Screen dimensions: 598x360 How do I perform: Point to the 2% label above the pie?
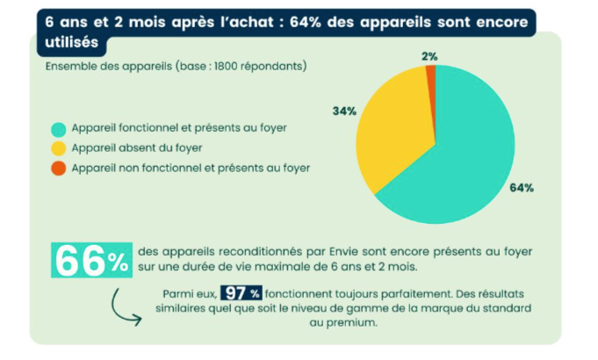[x=429, y=56]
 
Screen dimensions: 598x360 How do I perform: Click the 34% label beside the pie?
[x=344, y=111]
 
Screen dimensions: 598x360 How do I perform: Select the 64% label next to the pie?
[x=522, y=188]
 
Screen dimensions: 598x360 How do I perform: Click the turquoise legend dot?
[x=58, y=129]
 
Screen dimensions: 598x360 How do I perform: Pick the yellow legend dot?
[x=58, y=148]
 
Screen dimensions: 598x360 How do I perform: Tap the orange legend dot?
[x=58, y=169]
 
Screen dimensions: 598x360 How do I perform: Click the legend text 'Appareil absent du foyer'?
[x=137, y=148]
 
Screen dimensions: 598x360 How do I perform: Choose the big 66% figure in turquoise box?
[x=91, y=260]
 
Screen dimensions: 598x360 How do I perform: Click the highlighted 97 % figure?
[x=241, y=293]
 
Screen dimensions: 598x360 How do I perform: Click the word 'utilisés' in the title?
[x=72, y=42]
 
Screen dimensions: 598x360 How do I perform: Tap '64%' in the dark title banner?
[x=305, y=22]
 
